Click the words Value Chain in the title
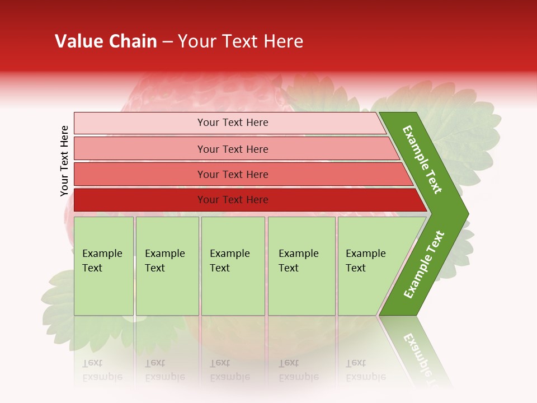(106, 41)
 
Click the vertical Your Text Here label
(64, 161)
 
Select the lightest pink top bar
(140, 123)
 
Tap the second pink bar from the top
(140, 149)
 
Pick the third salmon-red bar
(140, 175)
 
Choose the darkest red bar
(140, 200)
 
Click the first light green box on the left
(103, 291)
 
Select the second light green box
(167, 291)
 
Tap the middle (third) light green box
(233, 291)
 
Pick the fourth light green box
(302, 291)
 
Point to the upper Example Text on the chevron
(422, 160)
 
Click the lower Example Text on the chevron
(424, 264)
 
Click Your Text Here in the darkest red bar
(233, 200)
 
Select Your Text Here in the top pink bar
(233, 123)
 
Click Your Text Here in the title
(241, 41)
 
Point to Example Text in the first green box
(102, 261)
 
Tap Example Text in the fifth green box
(365, 261)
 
